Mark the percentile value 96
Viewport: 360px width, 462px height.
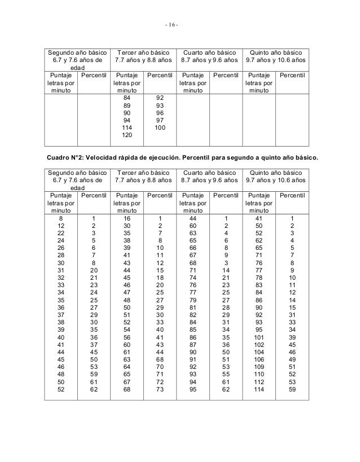point(160,113)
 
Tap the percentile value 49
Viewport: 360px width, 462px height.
point(292,360)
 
